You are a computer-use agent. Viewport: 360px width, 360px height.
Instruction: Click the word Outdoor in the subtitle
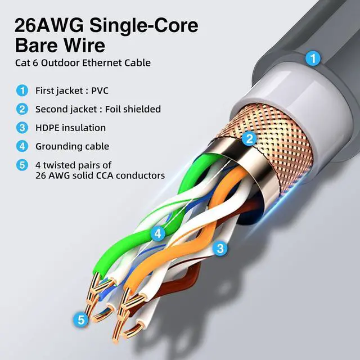60,62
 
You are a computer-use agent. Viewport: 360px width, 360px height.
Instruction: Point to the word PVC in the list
100,91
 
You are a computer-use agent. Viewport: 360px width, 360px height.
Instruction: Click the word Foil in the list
112,109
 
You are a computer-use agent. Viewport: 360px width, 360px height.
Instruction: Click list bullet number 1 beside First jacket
22,91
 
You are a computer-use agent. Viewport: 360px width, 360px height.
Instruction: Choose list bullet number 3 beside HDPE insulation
22,128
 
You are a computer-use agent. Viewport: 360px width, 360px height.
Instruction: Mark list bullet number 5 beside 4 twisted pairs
22,165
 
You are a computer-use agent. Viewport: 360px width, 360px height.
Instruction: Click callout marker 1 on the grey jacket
313,58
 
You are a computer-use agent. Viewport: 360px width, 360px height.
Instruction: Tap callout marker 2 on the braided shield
249,138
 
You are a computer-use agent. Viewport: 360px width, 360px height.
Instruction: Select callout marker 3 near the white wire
220,248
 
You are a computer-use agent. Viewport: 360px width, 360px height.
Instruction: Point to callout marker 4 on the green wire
158,233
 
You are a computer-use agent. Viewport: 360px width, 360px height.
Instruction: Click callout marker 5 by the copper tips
81,320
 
